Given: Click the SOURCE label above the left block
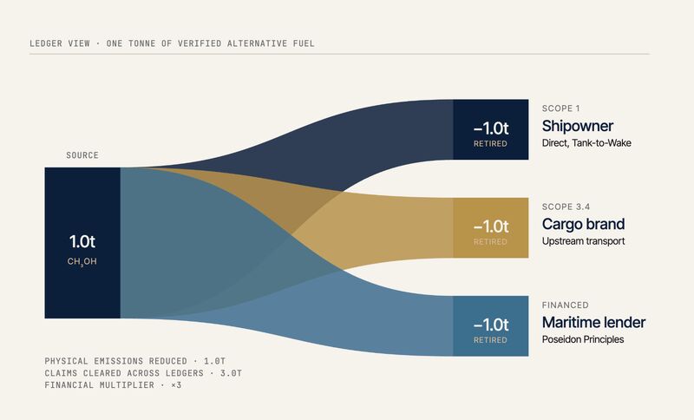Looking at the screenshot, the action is [x=82, y=155].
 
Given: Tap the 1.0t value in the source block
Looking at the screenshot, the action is [x=82, y=241].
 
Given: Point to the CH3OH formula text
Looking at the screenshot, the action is [x=82, y=262].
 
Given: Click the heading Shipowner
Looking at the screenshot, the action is [x=578, y=126].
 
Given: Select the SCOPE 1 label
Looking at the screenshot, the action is [x=560, y=108].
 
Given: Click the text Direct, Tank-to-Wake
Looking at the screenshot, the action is [x=586, y=143].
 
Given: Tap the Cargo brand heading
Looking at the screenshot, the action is [x=583, y=224].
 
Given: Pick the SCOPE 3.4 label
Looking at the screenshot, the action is [x=566, y=207].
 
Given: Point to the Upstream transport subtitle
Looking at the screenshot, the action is [x=583, y=241].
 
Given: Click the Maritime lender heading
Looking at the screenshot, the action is [x=593, y=322].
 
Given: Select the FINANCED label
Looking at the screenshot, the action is [x=566, y=305].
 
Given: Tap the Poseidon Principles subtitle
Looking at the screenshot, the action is [x=583, y=339].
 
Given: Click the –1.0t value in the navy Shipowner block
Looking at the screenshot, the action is [x=491, y=128].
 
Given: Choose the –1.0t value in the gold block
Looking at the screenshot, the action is [x=491, y=226].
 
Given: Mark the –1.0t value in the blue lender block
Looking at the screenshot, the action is [x=491, y=325].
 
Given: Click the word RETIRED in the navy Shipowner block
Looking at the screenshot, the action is [x=490, y=144].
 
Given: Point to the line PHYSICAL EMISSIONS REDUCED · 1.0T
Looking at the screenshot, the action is [x=135, y=361].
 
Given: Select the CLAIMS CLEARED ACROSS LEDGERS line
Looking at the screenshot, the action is [x=143, y=373].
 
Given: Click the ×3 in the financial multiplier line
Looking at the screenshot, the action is [x=176, y=385].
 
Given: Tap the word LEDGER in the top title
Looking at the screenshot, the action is [x=46, y=43].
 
